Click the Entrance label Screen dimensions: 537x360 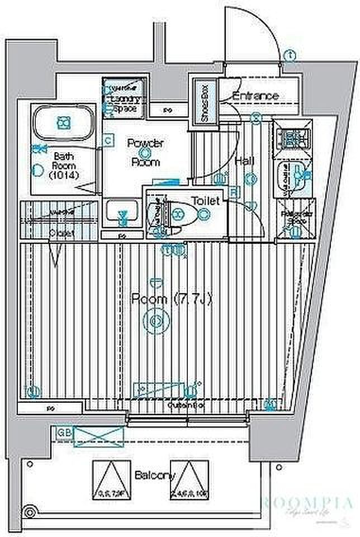tap(255, 96)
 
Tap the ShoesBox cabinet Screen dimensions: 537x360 tap(204, 101)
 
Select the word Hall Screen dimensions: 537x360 tap(245, 162)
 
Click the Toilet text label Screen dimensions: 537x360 tap(205, 200)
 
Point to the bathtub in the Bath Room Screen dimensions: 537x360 tap(63, 121)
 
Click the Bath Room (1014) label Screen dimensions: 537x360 tap(63, 166)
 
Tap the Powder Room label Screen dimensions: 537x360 tap(145, 153)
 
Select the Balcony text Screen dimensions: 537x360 tap(155, 475)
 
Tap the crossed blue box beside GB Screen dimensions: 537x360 tap(99, 435)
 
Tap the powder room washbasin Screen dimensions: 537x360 tap(123, 215)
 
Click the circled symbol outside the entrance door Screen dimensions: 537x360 tap(290, 55)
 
